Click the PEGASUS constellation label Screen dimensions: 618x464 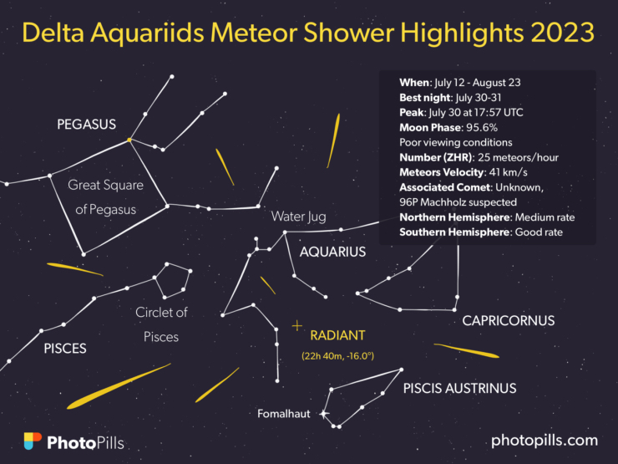click(86, 125)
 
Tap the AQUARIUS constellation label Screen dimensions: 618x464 click(332, 252)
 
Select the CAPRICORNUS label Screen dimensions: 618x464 click(509, 321)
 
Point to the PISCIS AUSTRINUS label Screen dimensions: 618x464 click(459, 388)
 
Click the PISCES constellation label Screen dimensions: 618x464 click(65, 349)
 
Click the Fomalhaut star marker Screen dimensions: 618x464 click(323, 414)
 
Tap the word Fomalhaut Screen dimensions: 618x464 click(284, 414)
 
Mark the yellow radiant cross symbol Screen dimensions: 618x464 click(297, 326)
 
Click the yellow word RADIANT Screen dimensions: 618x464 click(337, 335)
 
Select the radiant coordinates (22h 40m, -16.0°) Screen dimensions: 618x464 click(337, 356)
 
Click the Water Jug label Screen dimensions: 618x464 click(299, 217)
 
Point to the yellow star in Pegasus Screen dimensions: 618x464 click(129, 140)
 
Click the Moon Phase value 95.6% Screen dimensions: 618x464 click(482, 127)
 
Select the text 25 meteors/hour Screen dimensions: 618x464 click(519, 157)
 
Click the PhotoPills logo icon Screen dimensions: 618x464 click(33, 441)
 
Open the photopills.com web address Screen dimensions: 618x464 click(545, 441)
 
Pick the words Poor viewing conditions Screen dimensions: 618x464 click(456, 142)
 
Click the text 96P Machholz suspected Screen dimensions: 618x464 click(458, 202)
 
